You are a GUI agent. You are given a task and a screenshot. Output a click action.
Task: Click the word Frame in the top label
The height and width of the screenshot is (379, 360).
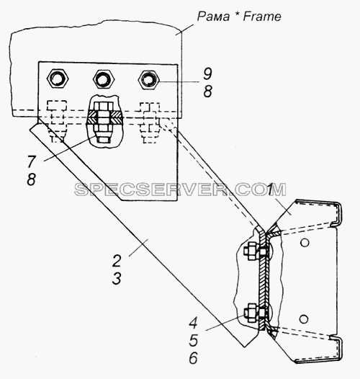pyautogui.click(x=262, y=17)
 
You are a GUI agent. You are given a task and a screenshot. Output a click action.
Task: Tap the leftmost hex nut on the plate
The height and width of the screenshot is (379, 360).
pyautogui.click(x=58, y=79)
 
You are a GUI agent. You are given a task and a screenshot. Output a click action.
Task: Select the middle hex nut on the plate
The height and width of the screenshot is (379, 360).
pyautogui.click(x=104, y=79)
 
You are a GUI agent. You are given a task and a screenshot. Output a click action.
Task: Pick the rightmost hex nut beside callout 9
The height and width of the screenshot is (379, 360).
pyautogui.click(x=148, y=79)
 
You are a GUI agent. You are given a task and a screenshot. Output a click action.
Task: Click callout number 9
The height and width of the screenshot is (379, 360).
pyautogui.click(x=207, y=73)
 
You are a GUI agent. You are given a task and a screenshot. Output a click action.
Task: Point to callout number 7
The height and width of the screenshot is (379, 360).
pyautogui.click(x=32, y=161)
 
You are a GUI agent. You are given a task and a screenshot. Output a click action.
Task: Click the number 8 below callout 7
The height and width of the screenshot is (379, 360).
pyautogui.click(x=32, y=179)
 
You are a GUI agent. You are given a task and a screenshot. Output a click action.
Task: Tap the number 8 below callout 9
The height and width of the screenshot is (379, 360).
pyautogui.click(x=207, y=92)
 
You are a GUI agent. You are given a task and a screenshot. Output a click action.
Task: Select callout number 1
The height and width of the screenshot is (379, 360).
pyautogui.click(x=270, y=189)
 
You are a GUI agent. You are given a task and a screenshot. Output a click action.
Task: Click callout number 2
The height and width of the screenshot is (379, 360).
pyautogui.click(x=117, y=261)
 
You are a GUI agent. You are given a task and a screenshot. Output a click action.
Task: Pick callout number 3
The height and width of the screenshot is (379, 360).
pyautogui.click(x=117, y=278)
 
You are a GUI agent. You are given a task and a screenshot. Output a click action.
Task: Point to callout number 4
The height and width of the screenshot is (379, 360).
pyautogui.click(x=193, y=323)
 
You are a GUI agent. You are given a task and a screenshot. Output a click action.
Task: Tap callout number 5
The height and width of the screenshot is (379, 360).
pyautogui.click(x=194, y=340)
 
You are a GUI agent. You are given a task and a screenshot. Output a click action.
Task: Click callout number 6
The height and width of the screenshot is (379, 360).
pyautogui.click(x=193, y=358)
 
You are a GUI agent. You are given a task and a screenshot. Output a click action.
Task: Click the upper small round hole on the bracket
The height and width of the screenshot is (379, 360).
pyautogui.click(x=305, y=242)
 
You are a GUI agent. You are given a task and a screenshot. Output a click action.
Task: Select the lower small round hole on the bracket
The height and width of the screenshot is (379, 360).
pyautogui.click(x=304, y=319)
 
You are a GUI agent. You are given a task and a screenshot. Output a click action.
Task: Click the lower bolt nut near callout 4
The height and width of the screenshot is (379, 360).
pyautogui.click(x=251, y=313)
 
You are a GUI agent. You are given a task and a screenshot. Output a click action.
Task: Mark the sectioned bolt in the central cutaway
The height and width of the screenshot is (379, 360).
pyautogui.click(x=104, y=122)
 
